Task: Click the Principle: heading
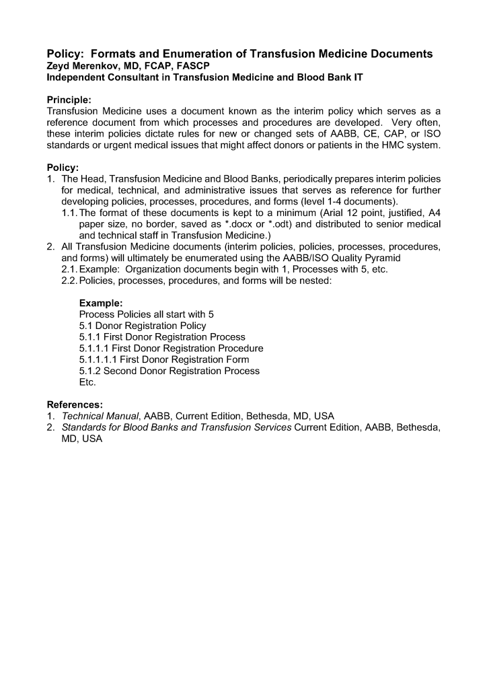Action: click(69, 100)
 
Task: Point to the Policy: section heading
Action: click(63, 167)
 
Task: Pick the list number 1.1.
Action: click(69, 213)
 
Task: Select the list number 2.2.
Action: click(69, 280)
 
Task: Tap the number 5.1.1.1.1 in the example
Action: click(101, 359)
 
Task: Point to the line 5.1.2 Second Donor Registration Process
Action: click(169, 371)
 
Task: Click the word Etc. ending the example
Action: click(87, 382)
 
